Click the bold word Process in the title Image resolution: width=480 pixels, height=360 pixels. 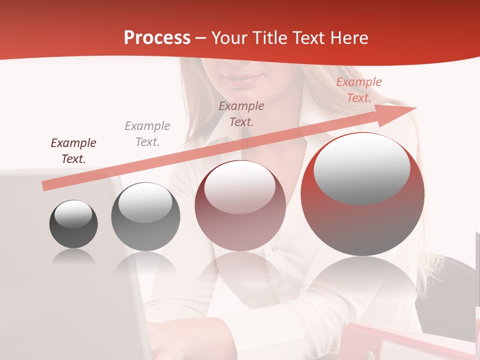pos(157,38)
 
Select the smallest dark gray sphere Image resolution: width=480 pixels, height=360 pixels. pos(73,224)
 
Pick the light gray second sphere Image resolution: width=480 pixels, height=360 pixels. pos(145,217)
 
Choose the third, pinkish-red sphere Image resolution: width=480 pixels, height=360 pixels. pos(240,206)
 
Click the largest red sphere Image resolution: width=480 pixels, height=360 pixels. pos(362,195)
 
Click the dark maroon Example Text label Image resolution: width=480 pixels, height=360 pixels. pos(73,151)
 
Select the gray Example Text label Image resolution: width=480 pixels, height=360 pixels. pos(147,134)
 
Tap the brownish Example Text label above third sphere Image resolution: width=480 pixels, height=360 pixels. pos(241,113)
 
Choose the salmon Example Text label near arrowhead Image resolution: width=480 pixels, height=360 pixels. pos(359,90)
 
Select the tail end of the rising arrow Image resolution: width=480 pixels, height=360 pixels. pos(46,185)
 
